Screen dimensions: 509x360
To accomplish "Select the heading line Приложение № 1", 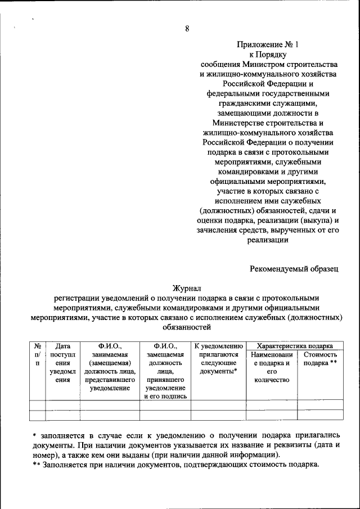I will [262, 45].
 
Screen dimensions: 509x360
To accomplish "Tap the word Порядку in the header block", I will [273, 55].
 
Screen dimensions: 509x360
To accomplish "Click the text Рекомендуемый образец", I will [294, 268].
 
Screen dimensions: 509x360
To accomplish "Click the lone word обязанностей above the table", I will [187, 327].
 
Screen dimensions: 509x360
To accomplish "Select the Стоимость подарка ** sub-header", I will [320, 359].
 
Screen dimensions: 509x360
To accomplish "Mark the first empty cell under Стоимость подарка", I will [320, 405].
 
